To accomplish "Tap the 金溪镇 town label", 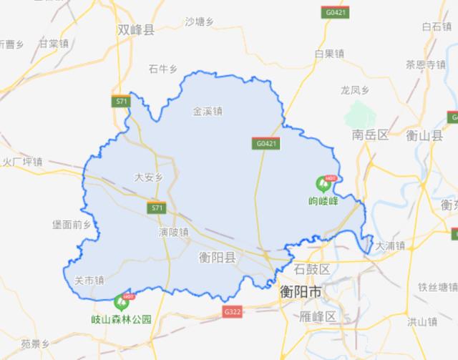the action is pyautogui.click(x=208, y=112).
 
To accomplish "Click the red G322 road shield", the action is pyautogui.click(x=233, y=312).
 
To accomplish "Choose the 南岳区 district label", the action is pyautogui.click(x=369, y=135).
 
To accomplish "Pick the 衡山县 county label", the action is pyautogui.click(x=425, y=135).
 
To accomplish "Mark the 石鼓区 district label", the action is pyautogui.click(x=313, y=269).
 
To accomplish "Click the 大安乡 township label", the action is pyautogui.click(x=150, y=177).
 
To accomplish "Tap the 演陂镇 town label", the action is pyautogui.click(x=173, y=232).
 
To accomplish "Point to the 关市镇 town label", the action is pyautogui.click(x=89, y=281).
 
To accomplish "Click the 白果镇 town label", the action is pyautogui.click(x=329, y=54).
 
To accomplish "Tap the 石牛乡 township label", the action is pyautogui.click(x=162, y=69).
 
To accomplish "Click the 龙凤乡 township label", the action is pyautogui.click(x=354, y=90).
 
